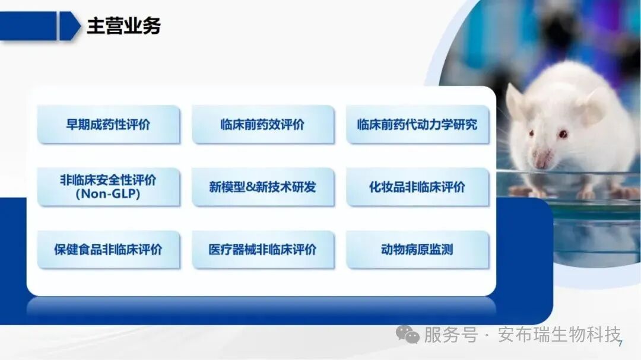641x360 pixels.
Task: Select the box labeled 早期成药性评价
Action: point(108,125)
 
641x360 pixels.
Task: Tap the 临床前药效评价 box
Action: point(262,125)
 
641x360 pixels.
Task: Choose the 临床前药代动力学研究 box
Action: point(417,125)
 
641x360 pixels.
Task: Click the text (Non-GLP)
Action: point(108,195)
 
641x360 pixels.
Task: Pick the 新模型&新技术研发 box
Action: point(262,187)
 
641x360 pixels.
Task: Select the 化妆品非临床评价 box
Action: point(417,187)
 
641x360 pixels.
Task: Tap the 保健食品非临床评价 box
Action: point(108,249)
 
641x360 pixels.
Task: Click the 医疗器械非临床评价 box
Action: point(262,249)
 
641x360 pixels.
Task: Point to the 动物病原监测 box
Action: point(417,249)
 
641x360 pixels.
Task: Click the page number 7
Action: point(620,345)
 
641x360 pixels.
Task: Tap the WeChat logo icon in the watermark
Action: point(408,335)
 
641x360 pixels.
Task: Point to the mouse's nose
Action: point(541,159)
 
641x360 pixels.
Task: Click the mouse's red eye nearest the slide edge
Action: point(561,134)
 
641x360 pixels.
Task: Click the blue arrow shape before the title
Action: point(69,26)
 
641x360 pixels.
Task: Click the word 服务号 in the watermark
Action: point(450,335)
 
